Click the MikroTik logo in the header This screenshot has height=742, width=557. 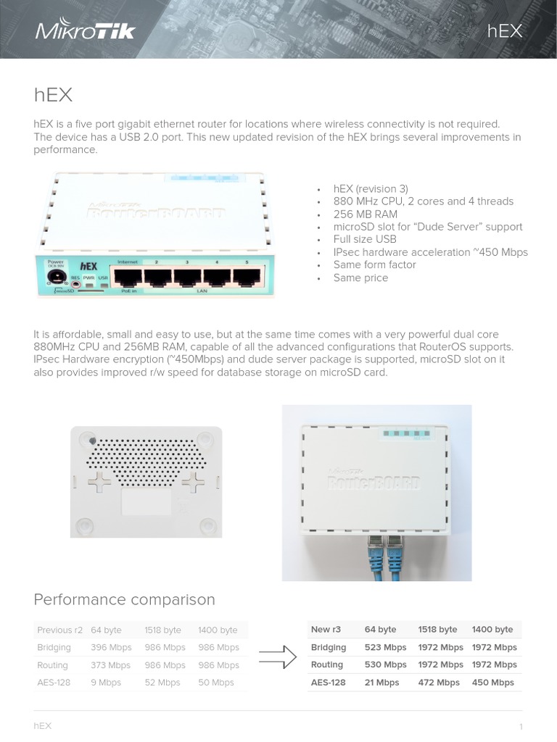tap(86, 30)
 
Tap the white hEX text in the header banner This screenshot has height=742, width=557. tap(505, 30)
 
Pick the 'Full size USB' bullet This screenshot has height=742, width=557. tap(365, 239)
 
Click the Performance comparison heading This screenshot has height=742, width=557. tap(125, 600)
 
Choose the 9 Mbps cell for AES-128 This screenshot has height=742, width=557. tap(106, 683)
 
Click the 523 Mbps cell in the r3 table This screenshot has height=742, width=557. tap(385, 647)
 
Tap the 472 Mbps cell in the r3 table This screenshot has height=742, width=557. tap(439, 683)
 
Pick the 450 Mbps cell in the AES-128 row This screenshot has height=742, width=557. tap(492, 683)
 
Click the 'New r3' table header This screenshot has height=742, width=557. tap(326, 630)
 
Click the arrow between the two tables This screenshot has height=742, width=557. tap(278, 656)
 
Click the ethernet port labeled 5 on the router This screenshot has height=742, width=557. tap(246, 278)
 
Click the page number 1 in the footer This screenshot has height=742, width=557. tap(521, 727)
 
